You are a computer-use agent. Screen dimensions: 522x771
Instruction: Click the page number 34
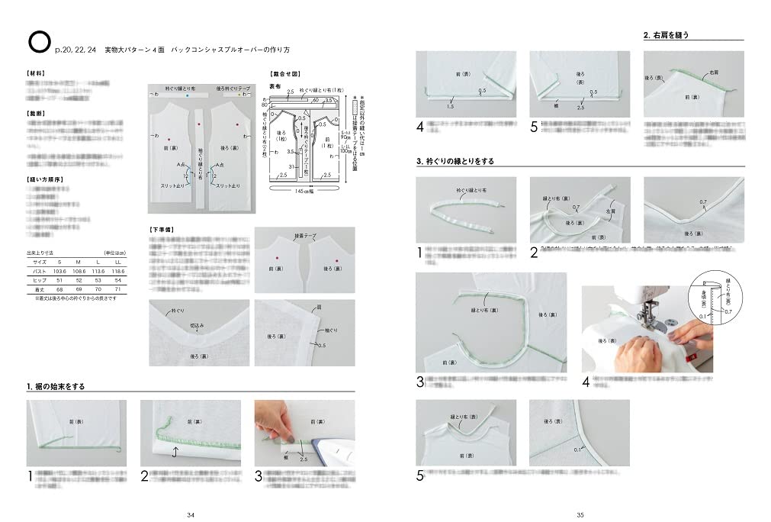point(191,514)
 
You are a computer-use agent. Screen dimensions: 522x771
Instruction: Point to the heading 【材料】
point(35,73)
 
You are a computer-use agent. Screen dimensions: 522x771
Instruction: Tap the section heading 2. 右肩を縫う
point(671,36)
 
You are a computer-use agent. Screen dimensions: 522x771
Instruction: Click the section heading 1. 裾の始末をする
point(56,387)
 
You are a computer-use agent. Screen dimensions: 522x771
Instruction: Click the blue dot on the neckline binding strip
point(186,97)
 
